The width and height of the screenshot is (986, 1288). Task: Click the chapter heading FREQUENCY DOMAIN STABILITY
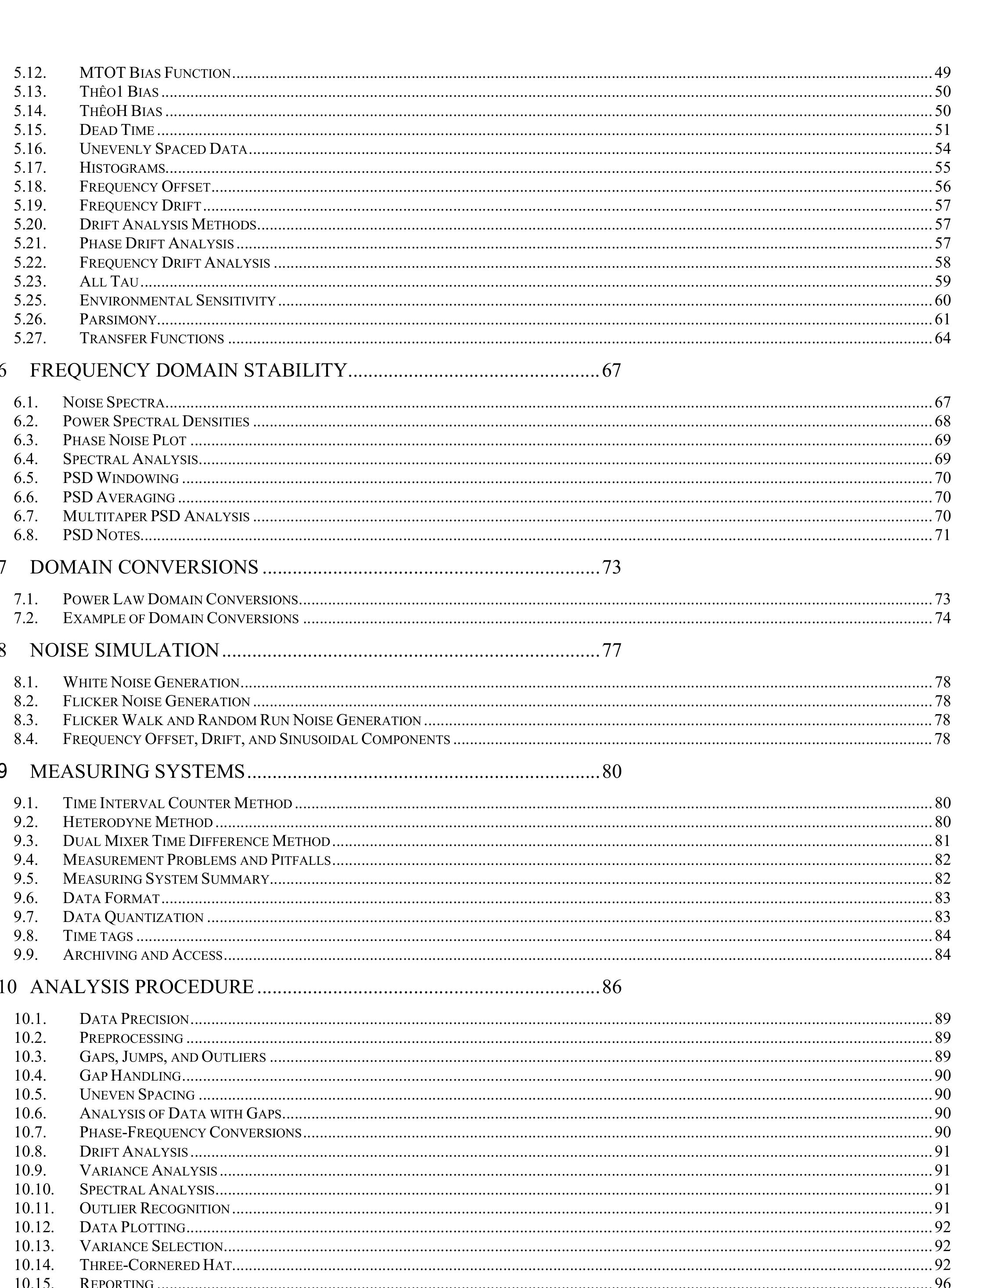point(188,370)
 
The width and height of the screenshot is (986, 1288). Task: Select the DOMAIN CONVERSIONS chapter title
point(144,567)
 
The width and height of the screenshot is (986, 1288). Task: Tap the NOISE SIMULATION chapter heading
point(124,651)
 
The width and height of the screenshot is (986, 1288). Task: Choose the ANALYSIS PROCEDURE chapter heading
point(141,987)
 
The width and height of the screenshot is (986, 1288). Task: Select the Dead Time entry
point(117,130)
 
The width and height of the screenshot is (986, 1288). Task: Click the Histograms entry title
point(122,168)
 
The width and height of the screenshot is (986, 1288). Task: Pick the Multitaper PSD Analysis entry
point(156,516)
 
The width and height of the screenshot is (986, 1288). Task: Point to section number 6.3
point(26,440)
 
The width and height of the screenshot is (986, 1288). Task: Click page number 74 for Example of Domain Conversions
point(942,618)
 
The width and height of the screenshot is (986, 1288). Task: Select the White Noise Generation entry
point(151,682)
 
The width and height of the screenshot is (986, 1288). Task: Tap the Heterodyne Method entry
point(138,822)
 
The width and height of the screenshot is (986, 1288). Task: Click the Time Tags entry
point(98,936)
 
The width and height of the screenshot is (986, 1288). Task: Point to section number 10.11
point(34,1208)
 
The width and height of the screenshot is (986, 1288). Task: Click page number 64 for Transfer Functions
point(942,338)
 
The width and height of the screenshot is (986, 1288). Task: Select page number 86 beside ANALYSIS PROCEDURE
point(612,987)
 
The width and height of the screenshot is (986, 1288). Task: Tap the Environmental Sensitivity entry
point(177,301)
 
